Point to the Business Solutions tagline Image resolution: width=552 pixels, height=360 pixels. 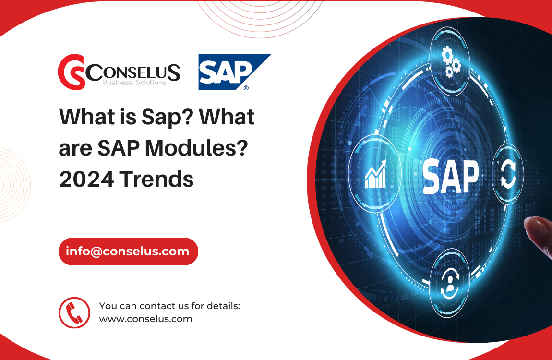(134, 83)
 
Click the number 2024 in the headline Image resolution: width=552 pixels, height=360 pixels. (85, 179)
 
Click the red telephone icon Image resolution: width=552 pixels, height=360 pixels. (74, 312)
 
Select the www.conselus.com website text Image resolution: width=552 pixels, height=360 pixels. (145, 319)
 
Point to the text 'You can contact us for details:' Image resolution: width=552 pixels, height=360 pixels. (169, 306)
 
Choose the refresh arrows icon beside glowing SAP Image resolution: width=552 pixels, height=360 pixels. (508, 174)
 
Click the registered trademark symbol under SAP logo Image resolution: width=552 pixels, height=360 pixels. (246, 88)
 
